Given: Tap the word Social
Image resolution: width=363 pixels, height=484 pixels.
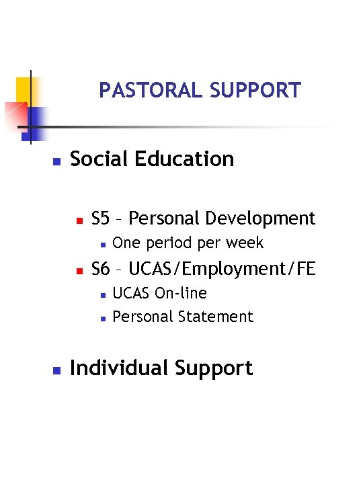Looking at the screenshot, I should click(99, 159).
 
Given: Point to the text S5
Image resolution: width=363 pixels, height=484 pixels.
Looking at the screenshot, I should click(100, 218).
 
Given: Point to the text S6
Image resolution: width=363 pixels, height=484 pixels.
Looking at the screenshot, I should click(100, 269).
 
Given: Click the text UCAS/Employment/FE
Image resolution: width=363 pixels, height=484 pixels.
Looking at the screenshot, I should click(221, 269).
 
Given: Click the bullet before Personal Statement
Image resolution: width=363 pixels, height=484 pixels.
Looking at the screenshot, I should click(100, 318).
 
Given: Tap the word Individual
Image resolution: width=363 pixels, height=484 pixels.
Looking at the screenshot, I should click(120, 368).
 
